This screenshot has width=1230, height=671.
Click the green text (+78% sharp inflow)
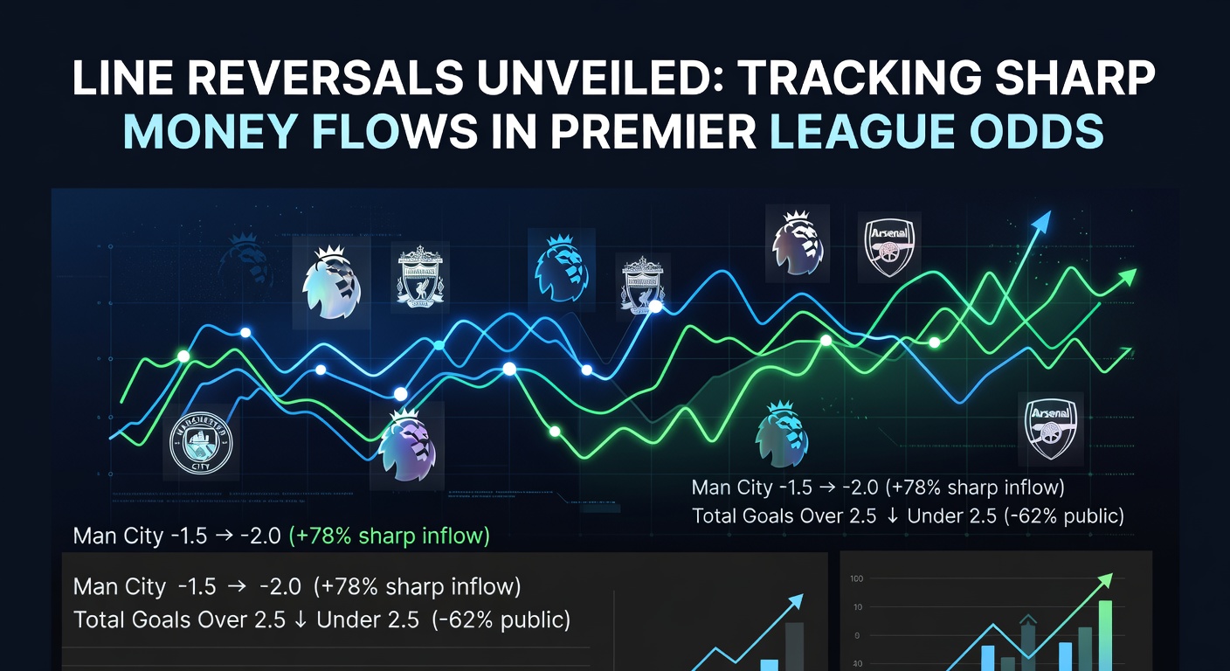[389, 536]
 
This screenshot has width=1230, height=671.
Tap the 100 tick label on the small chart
[856, 579]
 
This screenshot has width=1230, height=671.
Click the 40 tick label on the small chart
[857, 662]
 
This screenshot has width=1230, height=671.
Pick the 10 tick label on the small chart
[857, 607]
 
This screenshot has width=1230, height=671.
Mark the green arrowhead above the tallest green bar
[1108, 578]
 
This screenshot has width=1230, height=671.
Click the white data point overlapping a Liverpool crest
[654, 307]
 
